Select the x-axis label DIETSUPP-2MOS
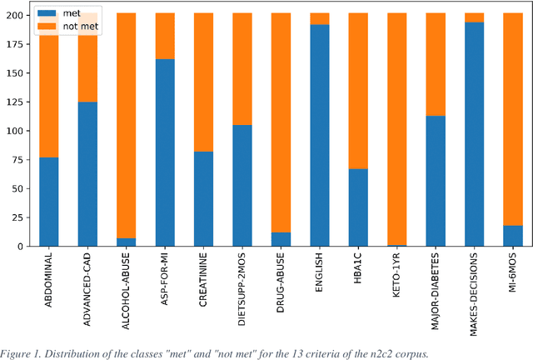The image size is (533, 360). (x=242, y=287)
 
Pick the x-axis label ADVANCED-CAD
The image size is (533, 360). (x=88, y=286)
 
